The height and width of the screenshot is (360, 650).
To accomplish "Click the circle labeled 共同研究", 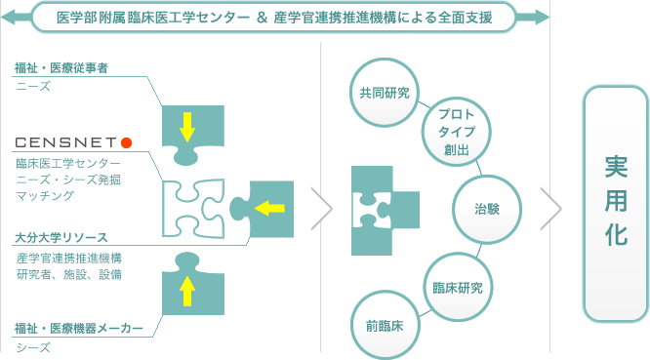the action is point(384,93).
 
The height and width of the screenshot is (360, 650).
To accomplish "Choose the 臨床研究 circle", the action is point(457,288).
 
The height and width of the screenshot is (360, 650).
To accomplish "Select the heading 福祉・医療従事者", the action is point(61,68).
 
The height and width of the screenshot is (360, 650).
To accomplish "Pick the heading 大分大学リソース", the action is point(61,237).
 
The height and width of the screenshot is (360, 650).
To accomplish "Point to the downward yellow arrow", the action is point(186,126).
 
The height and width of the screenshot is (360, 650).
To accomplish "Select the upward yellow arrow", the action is point(188,290).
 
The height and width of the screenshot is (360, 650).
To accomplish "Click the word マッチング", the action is point(45,196).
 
